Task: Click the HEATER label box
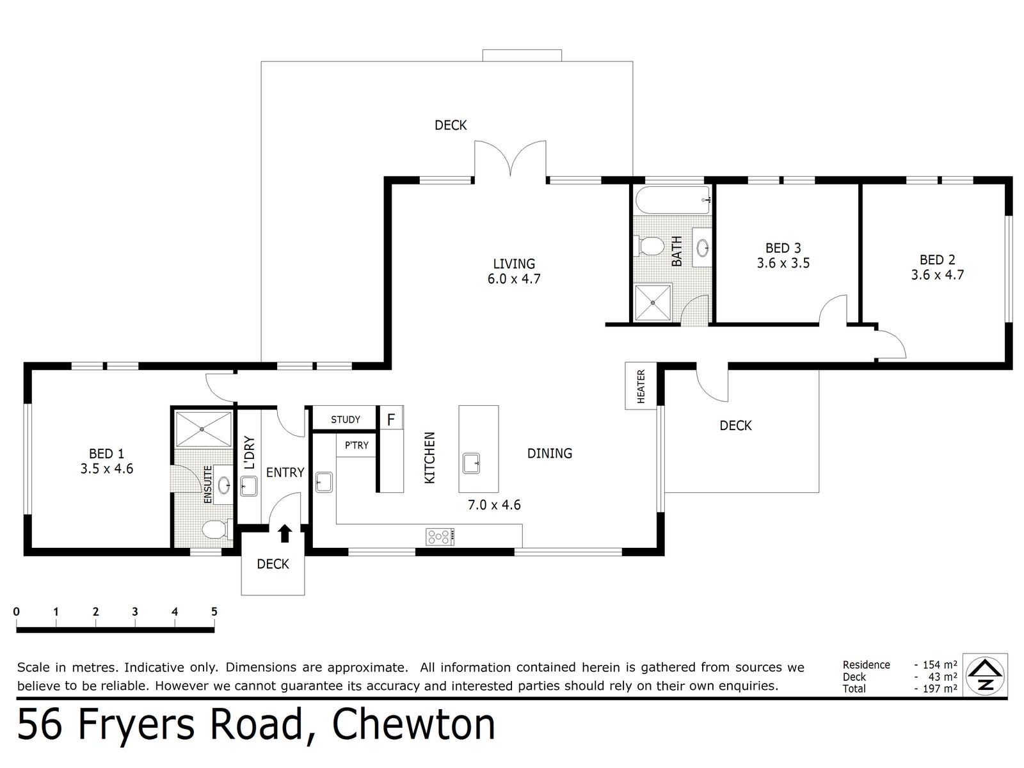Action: pos(641,386)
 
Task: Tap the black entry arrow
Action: pos(285,534)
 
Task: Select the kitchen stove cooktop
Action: pos(440,536)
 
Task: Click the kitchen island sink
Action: pos(471,463)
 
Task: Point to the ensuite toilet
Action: pos(216,529)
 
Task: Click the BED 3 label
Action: pos(783,248)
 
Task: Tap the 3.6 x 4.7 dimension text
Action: pos(937,275)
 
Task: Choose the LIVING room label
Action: pos(514,264)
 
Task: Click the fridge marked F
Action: pos(390,419)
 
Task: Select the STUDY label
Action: pos(345,419)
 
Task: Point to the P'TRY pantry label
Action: pos(356,445)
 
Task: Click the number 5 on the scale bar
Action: pos(214,611)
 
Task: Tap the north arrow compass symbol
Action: pos(985,676)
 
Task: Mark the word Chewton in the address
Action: pos(413,725)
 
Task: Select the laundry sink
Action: pos(249,486)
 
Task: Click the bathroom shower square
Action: pos(652,303)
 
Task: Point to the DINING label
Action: pos(550,453)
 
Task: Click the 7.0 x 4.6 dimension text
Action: pos(494,504)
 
